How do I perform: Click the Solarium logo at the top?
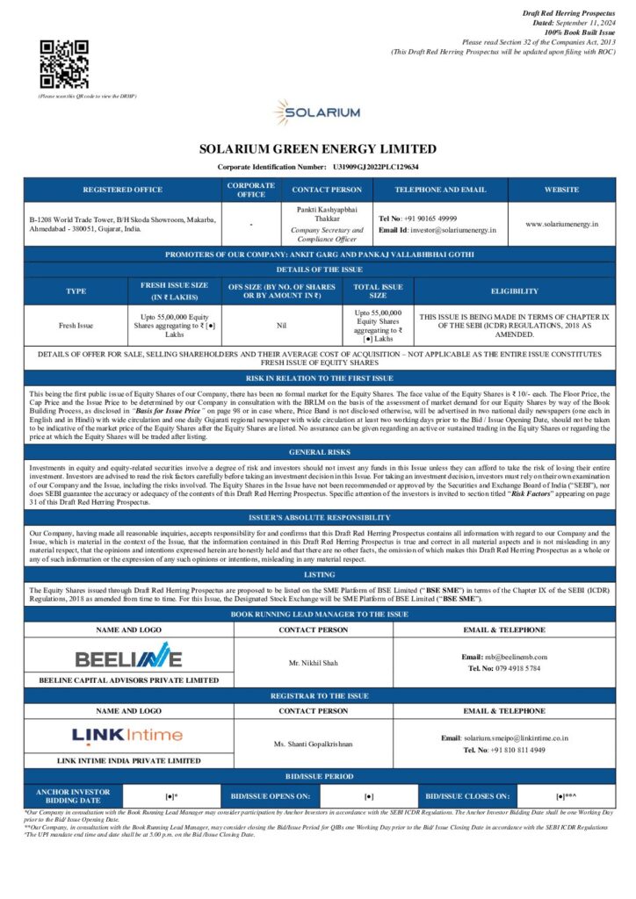click(317, 112)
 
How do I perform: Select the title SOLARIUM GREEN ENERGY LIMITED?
click(317, 149)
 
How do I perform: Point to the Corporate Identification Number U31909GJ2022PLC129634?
click(375, 166)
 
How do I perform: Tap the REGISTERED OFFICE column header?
click(122, 190)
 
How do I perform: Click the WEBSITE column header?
click(561, 190)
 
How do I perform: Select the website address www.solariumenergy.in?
click(561, 224)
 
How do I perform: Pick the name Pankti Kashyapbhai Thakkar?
click(326, 215)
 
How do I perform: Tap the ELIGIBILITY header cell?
click(515, 291)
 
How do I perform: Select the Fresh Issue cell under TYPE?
click(75, 325)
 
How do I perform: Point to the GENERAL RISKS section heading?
click(317, 452)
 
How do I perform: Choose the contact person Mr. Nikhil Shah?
click(313, 663)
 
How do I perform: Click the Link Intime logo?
click(128, 735)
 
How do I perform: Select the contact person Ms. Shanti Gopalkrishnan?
click(313, 744)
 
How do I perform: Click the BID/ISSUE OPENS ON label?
click(269, 796)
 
